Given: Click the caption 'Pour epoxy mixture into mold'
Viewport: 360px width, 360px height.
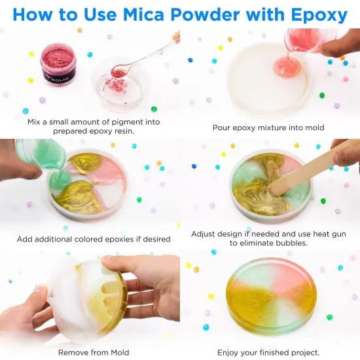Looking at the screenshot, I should pyautogui.click(x=268, y=128).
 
